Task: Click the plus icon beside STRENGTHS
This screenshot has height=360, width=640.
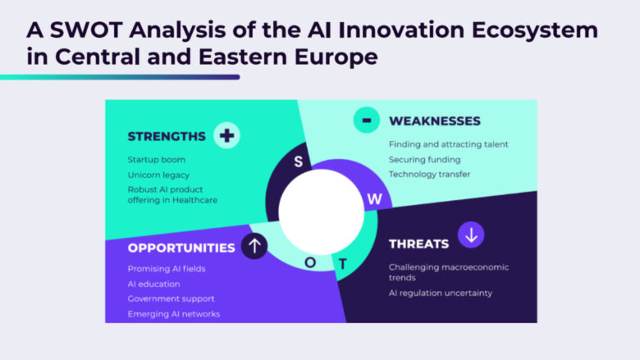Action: click(226, 135)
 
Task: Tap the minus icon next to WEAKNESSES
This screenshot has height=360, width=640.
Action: click(367, 121)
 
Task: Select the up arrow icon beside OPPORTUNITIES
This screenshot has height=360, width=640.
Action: click(254, 246)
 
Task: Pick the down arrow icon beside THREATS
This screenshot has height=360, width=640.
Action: click(471, 235)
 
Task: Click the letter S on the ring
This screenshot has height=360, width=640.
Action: click(299, 162)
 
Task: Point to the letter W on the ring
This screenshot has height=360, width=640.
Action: click(375, 199)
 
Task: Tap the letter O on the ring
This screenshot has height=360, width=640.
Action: click(310, 262)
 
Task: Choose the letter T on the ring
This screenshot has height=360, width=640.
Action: click(342, 264)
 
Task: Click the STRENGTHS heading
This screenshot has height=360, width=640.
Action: click(167, 136)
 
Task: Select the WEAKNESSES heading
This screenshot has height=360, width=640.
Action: click(435, 121)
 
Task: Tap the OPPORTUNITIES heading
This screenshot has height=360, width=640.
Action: click(181, 248)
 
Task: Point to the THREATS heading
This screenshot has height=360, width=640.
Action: click(418, 244)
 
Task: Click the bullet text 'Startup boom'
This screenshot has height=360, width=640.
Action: click(157, 160)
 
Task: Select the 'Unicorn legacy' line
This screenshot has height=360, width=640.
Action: click(158, 175)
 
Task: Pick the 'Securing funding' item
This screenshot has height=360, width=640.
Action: click(424, 160)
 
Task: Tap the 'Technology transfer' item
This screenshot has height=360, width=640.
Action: click(429, 174)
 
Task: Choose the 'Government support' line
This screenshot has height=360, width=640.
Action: click(171, 298)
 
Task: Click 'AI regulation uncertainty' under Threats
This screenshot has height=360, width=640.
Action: click(441, 293)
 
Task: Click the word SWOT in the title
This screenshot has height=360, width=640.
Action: click(86, 30)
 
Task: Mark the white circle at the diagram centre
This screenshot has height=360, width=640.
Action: click(321, 212)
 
